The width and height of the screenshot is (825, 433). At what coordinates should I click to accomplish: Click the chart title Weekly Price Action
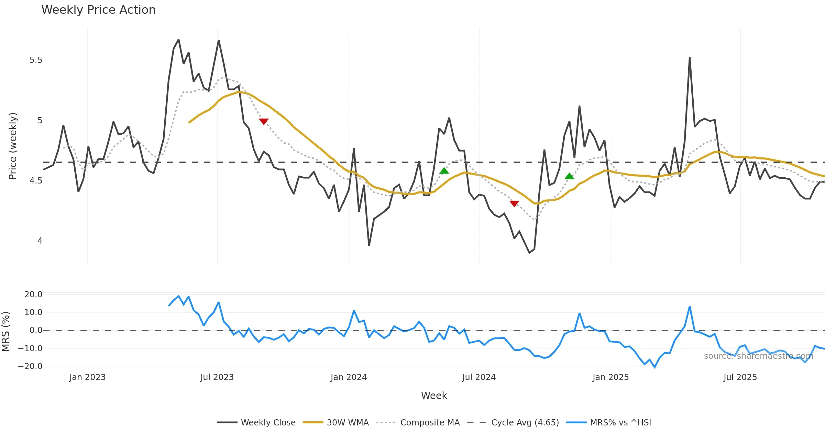pyautogui.click(x=98, y=10)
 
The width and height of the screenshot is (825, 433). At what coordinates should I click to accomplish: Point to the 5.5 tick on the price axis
pyautogui.click(x=36, y=60)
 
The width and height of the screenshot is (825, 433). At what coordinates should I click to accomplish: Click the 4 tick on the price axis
pyautogui.click(x=40, y=241)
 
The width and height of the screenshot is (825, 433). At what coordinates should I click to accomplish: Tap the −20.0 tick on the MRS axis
pyautogui.click(x=30, y=366)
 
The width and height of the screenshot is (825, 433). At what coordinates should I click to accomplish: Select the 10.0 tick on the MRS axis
pyautogui.click(x=33, y=312)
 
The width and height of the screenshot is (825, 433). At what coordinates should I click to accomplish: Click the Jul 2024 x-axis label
pyautogui.click(x=479, y=377)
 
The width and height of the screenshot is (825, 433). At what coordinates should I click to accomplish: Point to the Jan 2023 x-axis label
pyautogui.click(x=87, y=377)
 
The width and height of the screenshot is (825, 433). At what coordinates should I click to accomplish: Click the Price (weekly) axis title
pyautogui.click(x=13, y=146)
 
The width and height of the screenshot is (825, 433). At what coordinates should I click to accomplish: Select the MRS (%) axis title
pyautogui.click(x=6, y=332)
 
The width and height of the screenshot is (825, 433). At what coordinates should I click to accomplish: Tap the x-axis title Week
pyautogui.click(x=434, y=396)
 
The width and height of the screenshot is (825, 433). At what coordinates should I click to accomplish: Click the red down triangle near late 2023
pyautogui.click(x=264, y=121)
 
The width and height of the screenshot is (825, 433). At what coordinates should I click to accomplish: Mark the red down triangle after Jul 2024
pyautogui.click(x=514, y=203)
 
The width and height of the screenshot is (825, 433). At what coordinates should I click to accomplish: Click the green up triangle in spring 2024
pyautogui.click(x=444, y=171)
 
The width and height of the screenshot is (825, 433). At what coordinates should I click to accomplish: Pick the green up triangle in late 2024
pyautogui.click(x=570, y=176)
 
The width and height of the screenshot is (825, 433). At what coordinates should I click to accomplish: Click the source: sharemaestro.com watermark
pyautogui.click(x=758, y=356)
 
